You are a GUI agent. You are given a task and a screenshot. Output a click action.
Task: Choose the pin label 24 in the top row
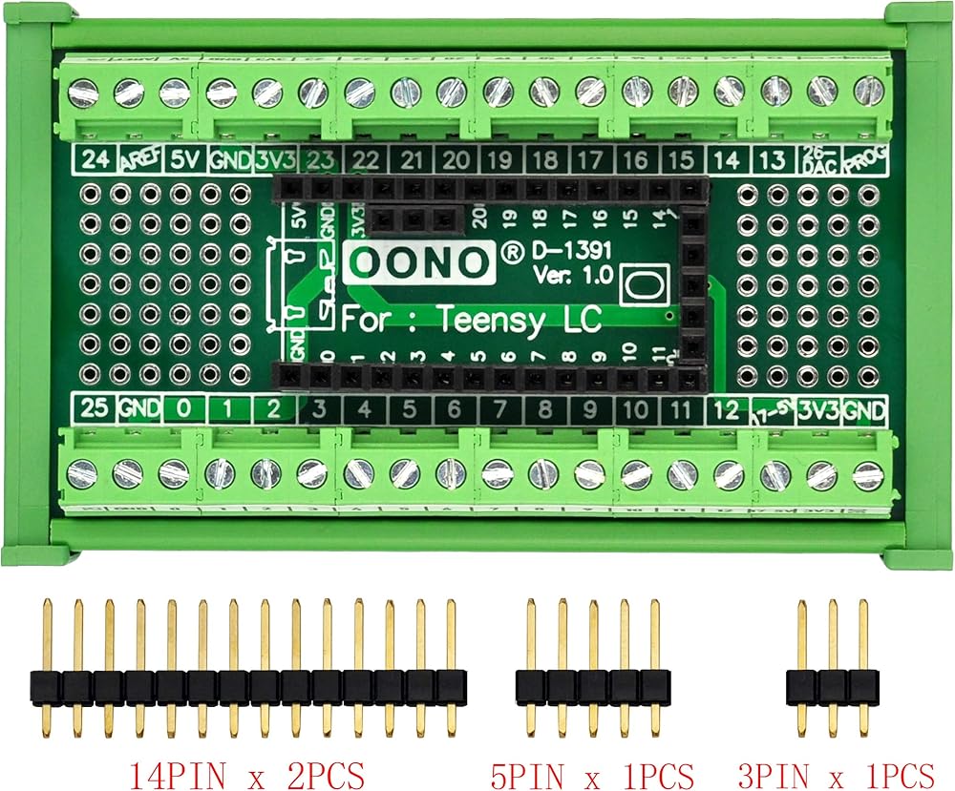tap(94, 158)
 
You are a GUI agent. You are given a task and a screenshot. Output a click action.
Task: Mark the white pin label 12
tap(727, 410)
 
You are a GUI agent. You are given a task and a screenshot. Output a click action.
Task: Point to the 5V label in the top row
tap(182, 158)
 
